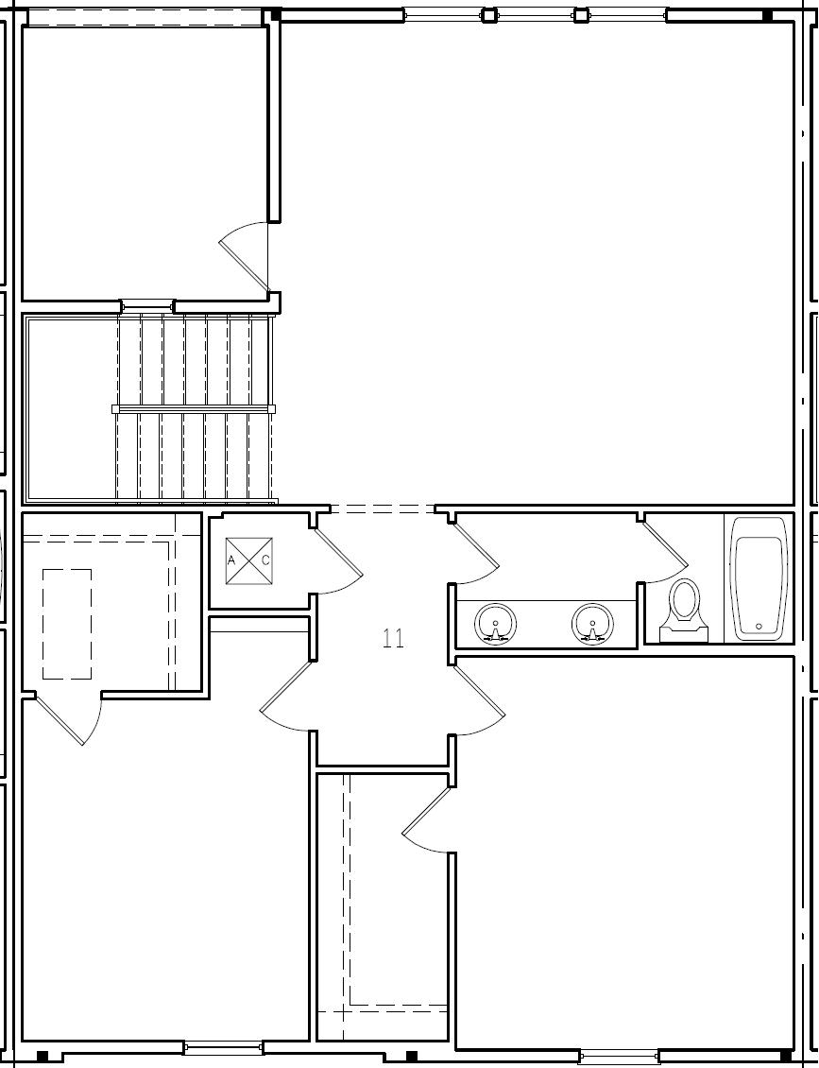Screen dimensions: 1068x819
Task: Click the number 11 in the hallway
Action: pos(394,639)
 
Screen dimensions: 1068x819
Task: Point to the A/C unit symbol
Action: pos(249,560)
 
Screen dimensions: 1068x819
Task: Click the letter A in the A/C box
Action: pos(231,560)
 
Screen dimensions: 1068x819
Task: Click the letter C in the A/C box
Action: pos(266,560)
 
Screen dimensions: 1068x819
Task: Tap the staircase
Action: pos(195,408)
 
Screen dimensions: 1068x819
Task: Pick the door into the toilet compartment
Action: pos(667,552)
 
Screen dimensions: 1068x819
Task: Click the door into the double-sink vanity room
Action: pos(477,554)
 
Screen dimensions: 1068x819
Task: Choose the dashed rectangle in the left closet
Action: pos(67,624)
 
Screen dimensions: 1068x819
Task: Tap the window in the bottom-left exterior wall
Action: pos(223,1047)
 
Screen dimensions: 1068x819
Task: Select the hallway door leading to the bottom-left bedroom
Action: pos(286,698)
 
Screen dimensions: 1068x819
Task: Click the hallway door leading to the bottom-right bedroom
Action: pos(479,700)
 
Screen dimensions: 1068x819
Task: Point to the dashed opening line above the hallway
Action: pos(383,509)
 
